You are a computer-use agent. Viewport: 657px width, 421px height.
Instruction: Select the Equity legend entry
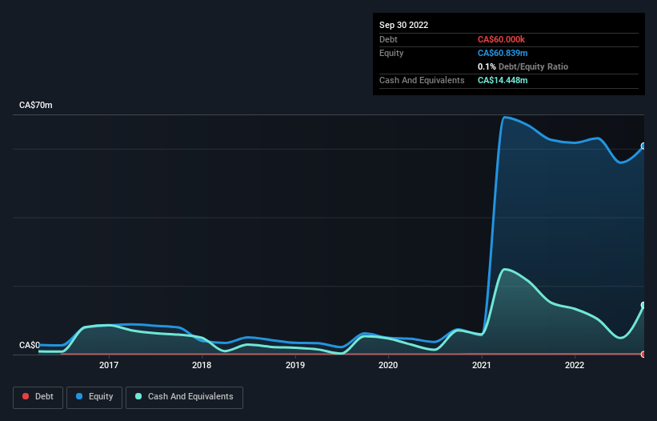(94, 396)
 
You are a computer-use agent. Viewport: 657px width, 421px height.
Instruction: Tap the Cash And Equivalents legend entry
(184, 396)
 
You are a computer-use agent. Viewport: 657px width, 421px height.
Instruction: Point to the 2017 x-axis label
(109, 366)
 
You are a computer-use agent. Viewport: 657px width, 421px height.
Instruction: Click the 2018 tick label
(202, 366)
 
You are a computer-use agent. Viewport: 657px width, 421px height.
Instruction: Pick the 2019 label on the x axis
(295, 366)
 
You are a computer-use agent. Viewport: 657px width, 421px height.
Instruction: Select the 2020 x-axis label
(388, 366)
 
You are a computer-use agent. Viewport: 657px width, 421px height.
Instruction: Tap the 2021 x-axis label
(482, 366)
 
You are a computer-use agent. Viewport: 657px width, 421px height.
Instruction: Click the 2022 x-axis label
(575, 366)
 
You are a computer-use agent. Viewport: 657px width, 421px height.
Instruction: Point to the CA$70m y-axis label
(36, 106)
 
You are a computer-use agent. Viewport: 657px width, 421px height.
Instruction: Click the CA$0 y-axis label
(30, 345)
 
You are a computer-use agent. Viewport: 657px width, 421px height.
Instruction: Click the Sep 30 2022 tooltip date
(404, 25)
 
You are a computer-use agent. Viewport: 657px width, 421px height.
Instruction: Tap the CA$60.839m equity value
(503, 53)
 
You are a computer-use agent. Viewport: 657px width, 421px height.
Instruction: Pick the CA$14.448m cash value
(503, 80)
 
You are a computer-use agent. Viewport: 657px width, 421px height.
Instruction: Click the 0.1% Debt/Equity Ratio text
(523, 66)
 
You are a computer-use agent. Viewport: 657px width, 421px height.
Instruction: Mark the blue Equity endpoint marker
(643, 146)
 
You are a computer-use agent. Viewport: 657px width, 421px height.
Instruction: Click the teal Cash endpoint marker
(643, 305)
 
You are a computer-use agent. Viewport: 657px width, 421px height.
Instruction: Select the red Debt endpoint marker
(643, 354)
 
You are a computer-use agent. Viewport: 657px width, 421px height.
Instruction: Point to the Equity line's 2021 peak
(504, 118)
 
